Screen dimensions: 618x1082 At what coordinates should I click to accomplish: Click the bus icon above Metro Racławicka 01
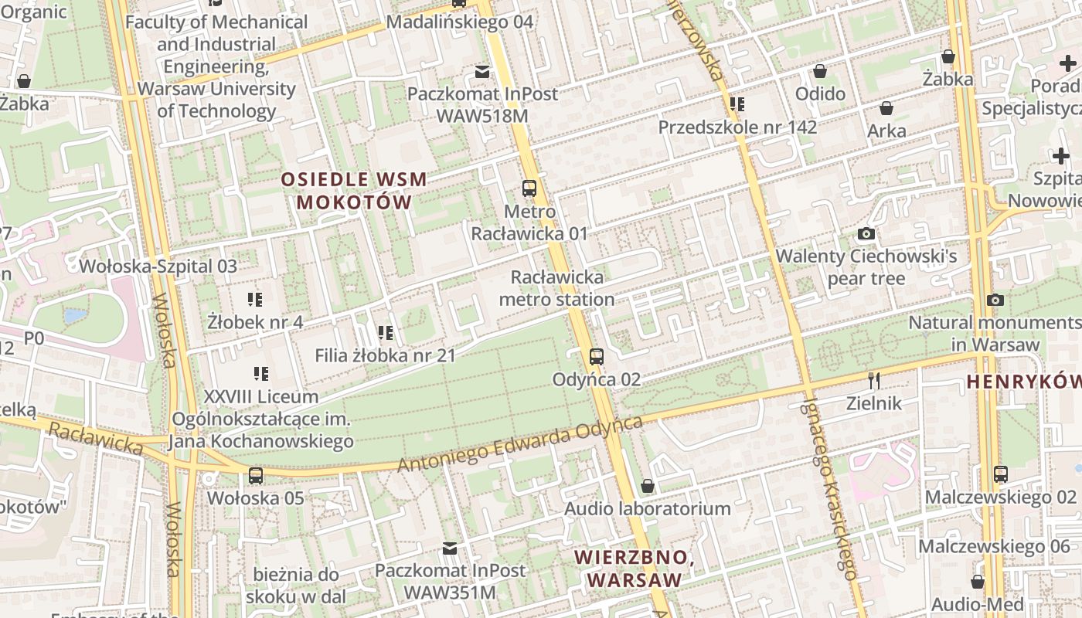[x=529, y=188]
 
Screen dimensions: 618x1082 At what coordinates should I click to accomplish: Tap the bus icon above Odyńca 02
[x=596, y=356]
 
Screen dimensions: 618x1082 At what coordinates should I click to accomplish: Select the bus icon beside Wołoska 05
[x=256, y=475]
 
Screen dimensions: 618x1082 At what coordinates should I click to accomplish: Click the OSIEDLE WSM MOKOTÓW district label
[x=354, y=191]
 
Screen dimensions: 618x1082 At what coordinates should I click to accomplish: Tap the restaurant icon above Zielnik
[x=874, y=380]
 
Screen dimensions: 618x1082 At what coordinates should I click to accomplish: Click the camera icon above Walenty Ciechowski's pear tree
[x=866, y=233]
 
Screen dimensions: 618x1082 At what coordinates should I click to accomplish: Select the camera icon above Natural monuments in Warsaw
[x=995, y=300]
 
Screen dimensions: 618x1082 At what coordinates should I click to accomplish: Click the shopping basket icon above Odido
[x=820, y=71]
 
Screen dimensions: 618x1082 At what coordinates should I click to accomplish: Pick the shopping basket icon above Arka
[x=886, y=108]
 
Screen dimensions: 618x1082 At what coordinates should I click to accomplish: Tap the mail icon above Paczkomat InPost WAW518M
[x=482, y=72]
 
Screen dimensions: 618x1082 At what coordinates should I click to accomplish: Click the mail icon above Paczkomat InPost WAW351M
[x=449, y=548]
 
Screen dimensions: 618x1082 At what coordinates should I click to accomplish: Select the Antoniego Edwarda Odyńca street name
[x=520, y=445]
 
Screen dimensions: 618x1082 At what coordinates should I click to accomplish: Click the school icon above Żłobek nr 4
[x=255, y=299]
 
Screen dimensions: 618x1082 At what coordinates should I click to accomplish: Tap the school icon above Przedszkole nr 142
[x=737, y=104]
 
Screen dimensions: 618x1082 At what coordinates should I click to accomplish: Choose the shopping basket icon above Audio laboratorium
[x=648, y=486]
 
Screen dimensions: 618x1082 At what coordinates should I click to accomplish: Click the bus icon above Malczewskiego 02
[x=1001, y=474]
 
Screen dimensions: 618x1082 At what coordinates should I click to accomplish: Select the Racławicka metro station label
[x=557, y=287]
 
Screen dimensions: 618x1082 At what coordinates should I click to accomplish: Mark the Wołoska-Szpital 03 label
[x=158, y=267]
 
